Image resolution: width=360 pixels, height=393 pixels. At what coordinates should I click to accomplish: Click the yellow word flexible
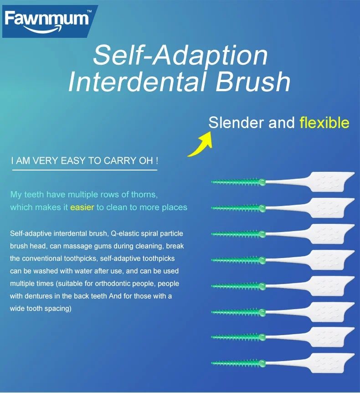[x=324, y=123]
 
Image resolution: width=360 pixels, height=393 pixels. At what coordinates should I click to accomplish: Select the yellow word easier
[x=82, y=207]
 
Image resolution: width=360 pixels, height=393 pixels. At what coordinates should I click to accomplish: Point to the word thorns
[x=145, y=195]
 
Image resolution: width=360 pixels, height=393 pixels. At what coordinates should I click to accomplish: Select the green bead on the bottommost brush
[x=262, y=363]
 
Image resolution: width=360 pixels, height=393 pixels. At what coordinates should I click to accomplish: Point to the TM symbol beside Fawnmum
[x=89, y=11]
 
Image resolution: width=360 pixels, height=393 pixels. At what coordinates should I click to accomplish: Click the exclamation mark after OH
[x=157, y=161]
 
